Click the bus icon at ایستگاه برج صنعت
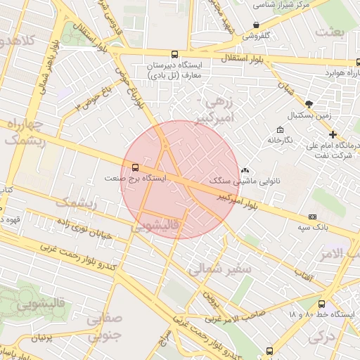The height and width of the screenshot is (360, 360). [x=134, y=167]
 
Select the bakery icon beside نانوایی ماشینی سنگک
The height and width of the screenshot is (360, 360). [x=245, y=170]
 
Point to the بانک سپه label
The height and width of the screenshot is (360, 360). [x=313, y=228]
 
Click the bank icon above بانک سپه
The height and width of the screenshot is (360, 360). [x=313, y=217]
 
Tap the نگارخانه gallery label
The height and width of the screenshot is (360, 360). [x=280, y=140]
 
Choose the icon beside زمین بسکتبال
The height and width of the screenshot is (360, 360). [x=310, y=103]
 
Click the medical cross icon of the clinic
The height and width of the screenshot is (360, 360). [x=333, y=134]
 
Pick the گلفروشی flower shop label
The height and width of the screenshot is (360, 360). [x=259, y=34]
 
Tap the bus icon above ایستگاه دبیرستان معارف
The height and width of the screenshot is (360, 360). [x=174, y=54]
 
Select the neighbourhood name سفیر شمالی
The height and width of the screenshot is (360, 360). [x=202, y=268]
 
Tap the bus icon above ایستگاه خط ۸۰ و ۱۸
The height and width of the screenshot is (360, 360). [x=322, y=304]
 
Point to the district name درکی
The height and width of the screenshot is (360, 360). [x=321, y=337]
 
